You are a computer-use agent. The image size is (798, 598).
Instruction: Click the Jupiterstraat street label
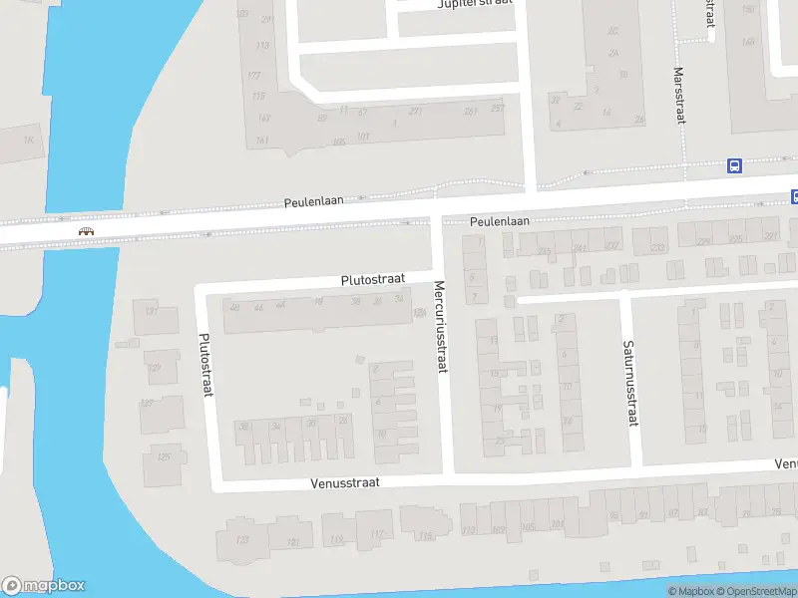(474, 4)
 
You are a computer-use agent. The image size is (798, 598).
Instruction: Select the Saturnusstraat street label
(629, 384)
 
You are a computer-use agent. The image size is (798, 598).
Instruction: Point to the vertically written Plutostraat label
(207, 365)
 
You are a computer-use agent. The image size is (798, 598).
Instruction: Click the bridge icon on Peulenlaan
(87, 231)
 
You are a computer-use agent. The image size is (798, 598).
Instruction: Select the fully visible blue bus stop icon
(735, 166)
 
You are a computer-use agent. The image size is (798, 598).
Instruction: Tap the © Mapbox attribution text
(690, 592)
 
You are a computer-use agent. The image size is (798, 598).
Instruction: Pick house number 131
(152, 312)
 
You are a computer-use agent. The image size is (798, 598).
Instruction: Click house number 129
(154, 368)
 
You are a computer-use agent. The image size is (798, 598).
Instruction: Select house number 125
(164, 457)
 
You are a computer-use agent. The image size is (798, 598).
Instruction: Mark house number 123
(241, 540)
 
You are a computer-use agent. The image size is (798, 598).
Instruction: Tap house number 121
(292, 542)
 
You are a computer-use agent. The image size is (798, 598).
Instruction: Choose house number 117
(376, 535)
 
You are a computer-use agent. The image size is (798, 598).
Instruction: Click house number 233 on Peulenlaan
(657, 247)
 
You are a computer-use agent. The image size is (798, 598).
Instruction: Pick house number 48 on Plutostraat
(234, 307)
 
